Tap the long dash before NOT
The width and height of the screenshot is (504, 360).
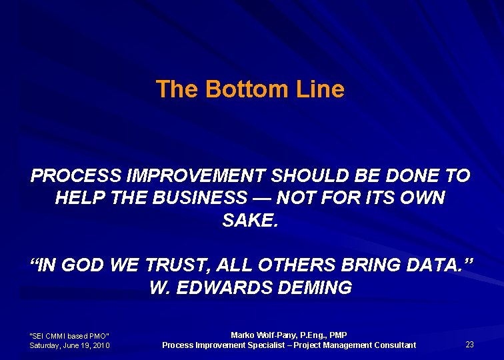click(262, 198)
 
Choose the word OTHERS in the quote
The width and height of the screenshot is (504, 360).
click(304, 266)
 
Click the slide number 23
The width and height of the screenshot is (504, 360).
click(469, 345)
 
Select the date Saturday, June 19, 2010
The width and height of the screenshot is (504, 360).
click(69, 345)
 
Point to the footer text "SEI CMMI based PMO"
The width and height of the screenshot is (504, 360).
click(69, 335)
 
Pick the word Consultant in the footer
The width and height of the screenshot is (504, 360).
click(393, 345)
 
